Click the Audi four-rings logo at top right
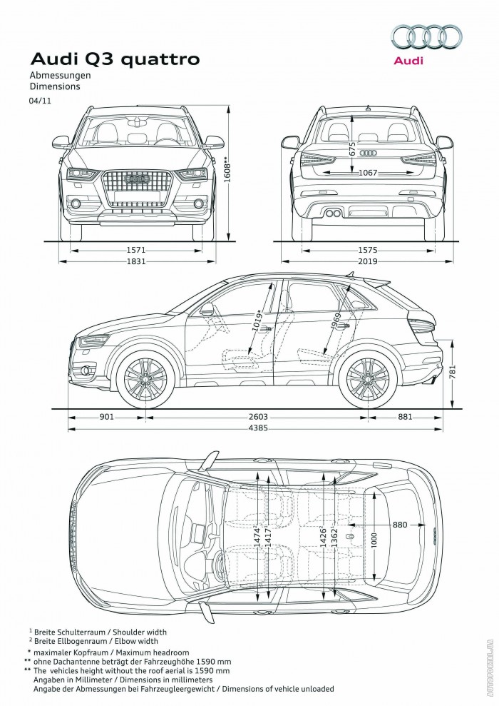(x=427, y=38)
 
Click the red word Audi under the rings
(x=408, y=61)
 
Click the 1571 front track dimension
(x=136, y=251)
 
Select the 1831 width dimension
(x=136, y=262)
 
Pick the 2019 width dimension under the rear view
(x=368, y=262)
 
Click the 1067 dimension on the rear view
(x=368, y=173)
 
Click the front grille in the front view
(x=138, y=188)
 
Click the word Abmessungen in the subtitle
(x=60, y=76)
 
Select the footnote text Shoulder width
(x=144, y=632)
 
